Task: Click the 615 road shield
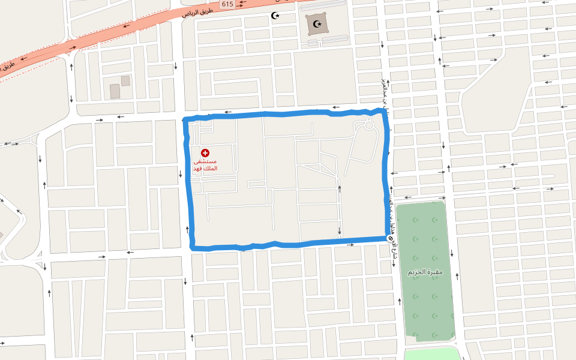pyautogui.click(x=227, y=4)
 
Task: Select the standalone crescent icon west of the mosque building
pyautogui.click(x=275, y=16)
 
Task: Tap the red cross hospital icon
pyautogui.click(x=205, y=153)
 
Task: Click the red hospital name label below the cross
pyautogui.click(x=205, y=165)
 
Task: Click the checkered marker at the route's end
pyautogui.click(x=391, y=239)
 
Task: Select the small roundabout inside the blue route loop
pyautogui.click(x=369, y=125)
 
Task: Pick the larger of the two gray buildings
pyautogui.click(x=115, y=91)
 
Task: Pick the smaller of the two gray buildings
pyautogui.click(x=125, y=80)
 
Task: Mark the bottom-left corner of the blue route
pyautogui.click(x=193, y=247)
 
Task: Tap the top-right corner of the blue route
pyautogui.click(x=382, y=111)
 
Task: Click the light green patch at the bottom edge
pyautogui.click(x=430, y=353)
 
